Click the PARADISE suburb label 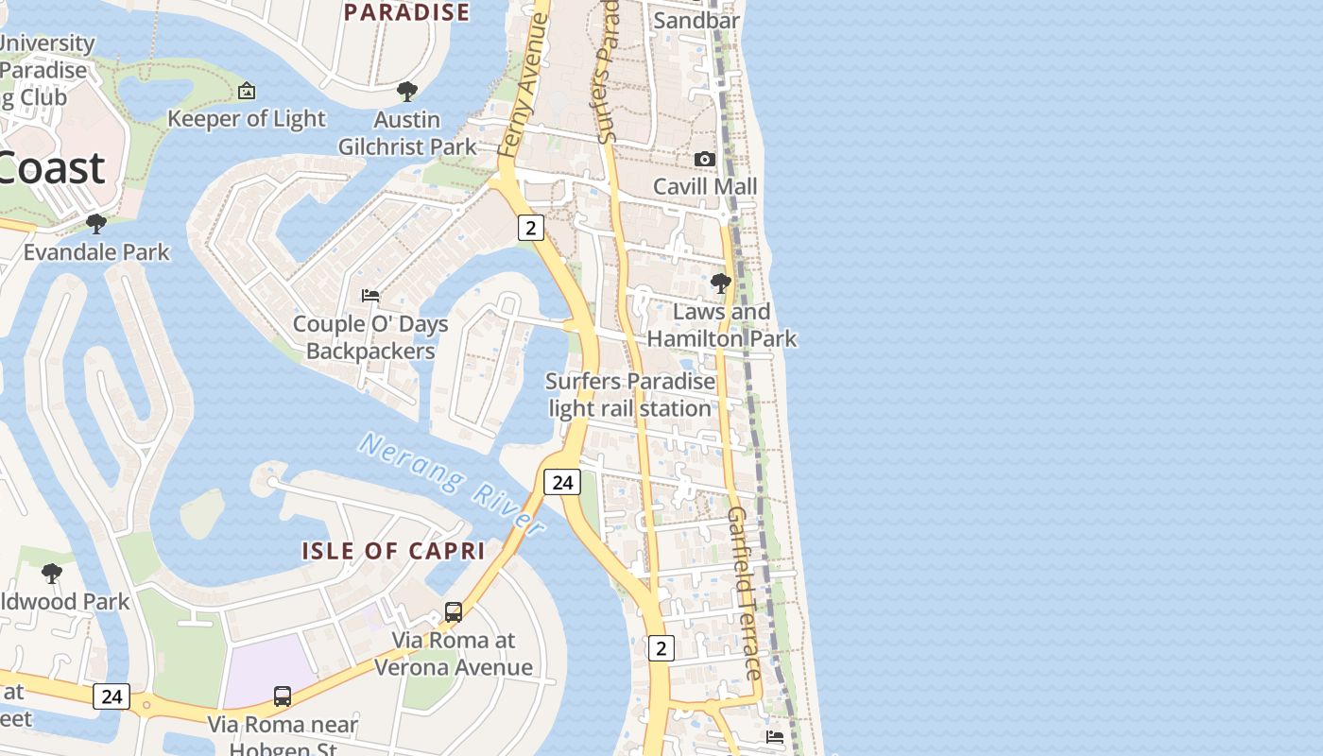point(406,12)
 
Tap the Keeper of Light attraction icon point(247,91)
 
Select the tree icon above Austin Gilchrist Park point(407,92)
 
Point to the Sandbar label point(696,20)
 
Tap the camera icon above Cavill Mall point(705,159)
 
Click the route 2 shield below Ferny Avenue point(531,227)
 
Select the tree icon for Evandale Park point(95,224)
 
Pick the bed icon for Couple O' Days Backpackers point(370,296)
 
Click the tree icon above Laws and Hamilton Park point(721,283)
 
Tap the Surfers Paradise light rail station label point(630,395)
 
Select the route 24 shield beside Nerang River point(562,482)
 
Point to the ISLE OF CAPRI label point(393,551)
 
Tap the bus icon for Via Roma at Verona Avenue point(454,611)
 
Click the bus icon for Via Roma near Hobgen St point(283,696)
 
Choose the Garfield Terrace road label point(745,593)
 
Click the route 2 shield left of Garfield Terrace point(661,647)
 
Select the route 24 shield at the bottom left point(112,696)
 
